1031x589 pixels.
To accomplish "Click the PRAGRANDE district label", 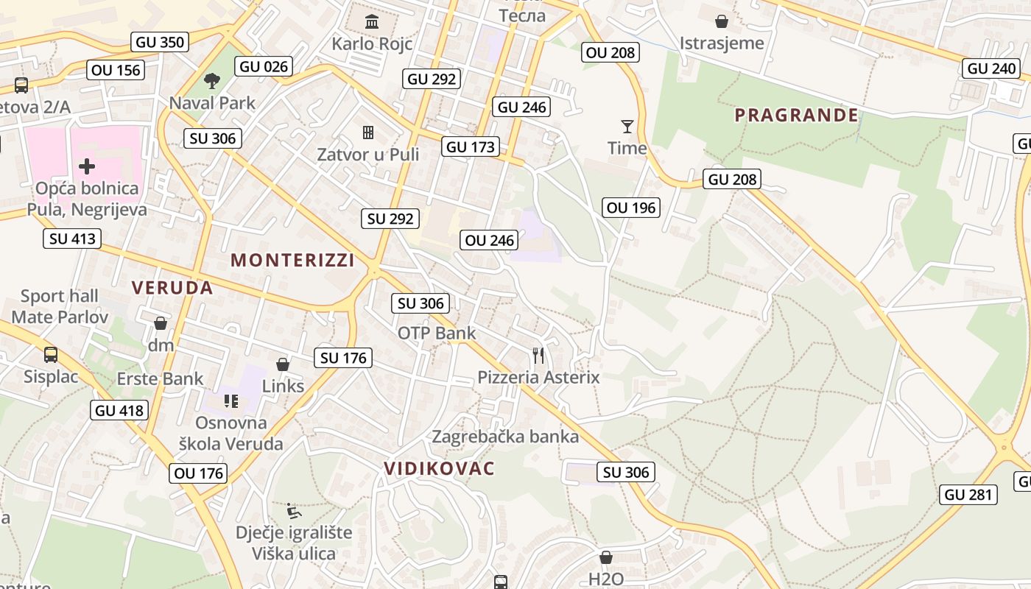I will click(x=796, y=115).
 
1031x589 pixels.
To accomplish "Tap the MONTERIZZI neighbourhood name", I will click(x=292, y=260).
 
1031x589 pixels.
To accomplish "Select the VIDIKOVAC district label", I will click(x=439, y=469).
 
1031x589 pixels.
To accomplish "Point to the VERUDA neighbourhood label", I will click(x=172, y=288).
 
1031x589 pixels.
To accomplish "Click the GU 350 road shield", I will click(x=160, y=42).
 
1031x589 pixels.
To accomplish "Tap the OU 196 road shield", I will click(x=631, y=208).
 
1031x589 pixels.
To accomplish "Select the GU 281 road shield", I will click(x=968, y=495).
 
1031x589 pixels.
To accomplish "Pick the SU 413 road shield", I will click(x=72, y=239).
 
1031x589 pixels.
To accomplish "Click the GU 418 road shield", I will click(x=120, y=410).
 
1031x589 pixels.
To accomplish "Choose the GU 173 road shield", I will click(x=471, y=147).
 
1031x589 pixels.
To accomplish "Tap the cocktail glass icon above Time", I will click(x=627, y=127).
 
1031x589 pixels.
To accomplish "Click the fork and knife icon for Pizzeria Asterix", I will click(x=538, y=356).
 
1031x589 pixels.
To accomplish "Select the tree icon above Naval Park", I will click(x=212, y=81).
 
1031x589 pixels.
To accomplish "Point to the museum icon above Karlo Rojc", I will click(x=372, y=21).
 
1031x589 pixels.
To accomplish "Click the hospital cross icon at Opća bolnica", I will click(x=87, y=166).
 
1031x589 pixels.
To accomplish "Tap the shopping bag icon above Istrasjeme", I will click(x=722, y=21).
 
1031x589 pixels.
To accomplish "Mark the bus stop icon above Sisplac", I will click(x=51, y=355).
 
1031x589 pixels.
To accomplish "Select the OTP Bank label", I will click(x=437, y=334).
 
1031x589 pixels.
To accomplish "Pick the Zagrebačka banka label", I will click(x=505, y=437).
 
